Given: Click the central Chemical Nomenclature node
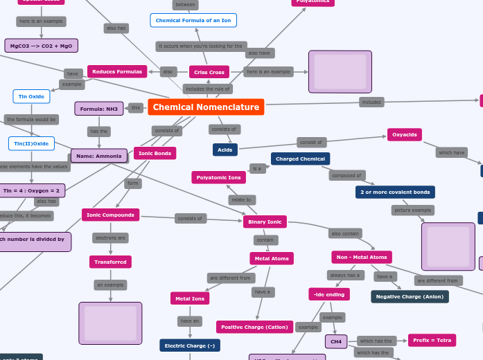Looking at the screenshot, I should point(206,107).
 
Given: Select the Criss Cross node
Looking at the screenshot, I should point(209,72).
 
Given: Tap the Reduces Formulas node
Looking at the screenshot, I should point(117,71).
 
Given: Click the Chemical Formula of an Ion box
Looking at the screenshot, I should point(193,20).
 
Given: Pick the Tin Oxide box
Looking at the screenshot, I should point(31,96).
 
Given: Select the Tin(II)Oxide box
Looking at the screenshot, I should point(31,143).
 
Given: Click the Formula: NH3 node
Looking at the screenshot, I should point(98,109).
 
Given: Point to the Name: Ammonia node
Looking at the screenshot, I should point(99,156).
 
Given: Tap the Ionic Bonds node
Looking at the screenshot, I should point(155,153).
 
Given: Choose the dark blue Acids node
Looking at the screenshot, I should point(225,150).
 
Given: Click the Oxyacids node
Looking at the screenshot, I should point(405,134).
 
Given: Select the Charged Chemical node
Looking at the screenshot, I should point(300,159).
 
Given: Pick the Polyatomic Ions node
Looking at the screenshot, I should point(218,178).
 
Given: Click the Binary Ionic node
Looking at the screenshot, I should point(265,222).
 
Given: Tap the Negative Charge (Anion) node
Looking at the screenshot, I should point(410,296).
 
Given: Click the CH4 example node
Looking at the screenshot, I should point(336,341).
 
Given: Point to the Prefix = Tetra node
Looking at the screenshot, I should point(432,340).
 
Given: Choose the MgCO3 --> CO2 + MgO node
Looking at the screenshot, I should point(41,46).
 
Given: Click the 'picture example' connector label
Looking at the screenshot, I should point(413,210).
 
